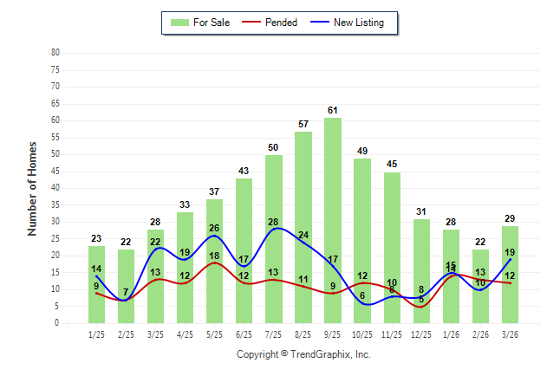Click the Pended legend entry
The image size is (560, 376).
pos(277,23)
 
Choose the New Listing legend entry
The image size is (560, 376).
pos(357,23)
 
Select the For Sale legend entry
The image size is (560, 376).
pos(200,23)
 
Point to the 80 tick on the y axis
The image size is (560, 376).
pos(55,52)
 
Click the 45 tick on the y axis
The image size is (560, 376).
pos(55,171)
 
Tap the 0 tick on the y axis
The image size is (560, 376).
pos(56,323)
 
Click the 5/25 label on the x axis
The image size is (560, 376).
pos(214,334)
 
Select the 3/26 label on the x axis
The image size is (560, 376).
pos(510,334)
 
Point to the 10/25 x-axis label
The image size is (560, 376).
pos(362,334)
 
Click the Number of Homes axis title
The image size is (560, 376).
pos(32,188)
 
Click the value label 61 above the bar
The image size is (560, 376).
pos(333,110)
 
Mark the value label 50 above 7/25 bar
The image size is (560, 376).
pos(274,147)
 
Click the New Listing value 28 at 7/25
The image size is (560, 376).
pos(273,223)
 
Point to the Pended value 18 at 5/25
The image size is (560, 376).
pos(214,256)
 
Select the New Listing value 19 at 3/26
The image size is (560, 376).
pos(510,252)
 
